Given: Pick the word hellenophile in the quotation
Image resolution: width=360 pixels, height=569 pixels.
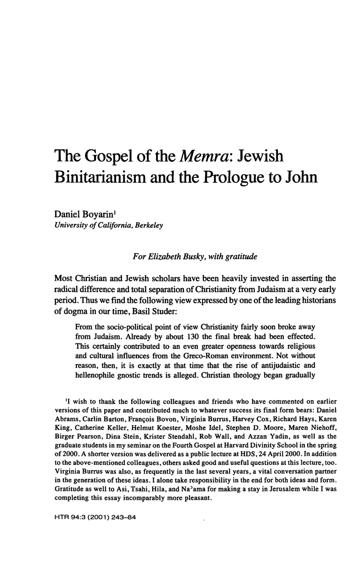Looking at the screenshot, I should pyautogui.click(x=100, y=388).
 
